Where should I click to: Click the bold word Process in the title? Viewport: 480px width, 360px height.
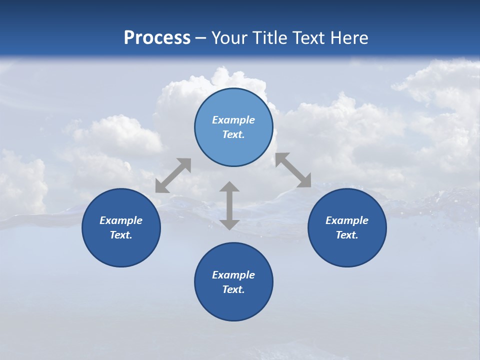[x=157, y=38]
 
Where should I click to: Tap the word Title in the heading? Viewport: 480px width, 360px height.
[x=270, y=38]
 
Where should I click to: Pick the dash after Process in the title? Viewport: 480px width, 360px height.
[x=200, y=38]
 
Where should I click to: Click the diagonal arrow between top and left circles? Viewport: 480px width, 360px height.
[x=173, y=175]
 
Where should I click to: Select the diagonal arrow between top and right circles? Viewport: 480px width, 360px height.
[x=293, y=170]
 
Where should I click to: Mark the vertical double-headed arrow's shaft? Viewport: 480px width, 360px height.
[x=229, y=205]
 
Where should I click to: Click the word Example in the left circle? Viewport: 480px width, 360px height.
[x=121, y=220]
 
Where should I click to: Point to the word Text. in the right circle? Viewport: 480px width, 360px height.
[x=347, y=235]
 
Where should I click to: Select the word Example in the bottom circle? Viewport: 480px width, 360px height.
[x=233, y=275]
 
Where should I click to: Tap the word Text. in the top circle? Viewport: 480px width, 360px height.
[x=233, y=134]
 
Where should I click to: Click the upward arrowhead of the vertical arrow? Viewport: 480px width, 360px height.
[x=229, y=188]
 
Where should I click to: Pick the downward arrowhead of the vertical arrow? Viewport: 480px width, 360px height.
[x=229, y=223]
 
